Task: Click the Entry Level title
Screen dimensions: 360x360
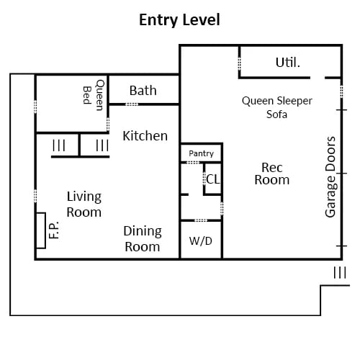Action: (179, 19)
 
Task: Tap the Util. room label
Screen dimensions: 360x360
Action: (288, 63)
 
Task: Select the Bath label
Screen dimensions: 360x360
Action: (143, 91)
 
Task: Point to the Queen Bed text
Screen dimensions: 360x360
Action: (94, 95)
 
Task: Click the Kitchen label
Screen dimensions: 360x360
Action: (145, 136)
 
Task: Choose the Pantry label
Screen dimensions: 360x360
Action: (201, 153)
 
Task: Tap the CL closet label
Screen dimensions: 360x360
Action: (212, 179)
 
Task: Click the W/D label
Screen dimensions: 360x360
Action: (201, 241)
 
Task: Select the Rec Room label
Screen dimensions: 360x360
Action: (272, 174)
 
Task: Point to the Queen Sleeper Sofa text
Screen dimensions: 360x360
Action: (277, 107)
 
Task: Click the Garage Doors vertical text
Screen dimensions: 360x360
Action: (330, 177)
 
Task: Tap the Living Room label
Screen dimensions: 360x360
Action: (84, 204)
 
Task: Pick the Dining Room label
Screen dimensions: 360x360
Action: (143, 238)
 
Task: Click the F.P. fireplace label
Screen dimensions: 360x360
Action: (54, 230)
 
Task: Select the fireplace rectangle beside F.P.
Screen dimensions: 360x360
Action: (41, 230)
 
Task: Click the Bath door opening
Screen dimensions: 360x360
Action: (132, 104)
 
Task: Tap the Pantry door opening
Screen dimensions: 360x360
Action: (193, 163)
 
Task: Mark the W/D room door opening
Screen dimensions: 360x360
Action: (201, 220)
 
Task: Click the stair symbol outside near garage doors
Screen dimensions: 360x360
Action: (340, 272)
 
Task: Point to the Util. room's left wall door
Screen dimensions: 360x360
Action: (239, 63)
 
